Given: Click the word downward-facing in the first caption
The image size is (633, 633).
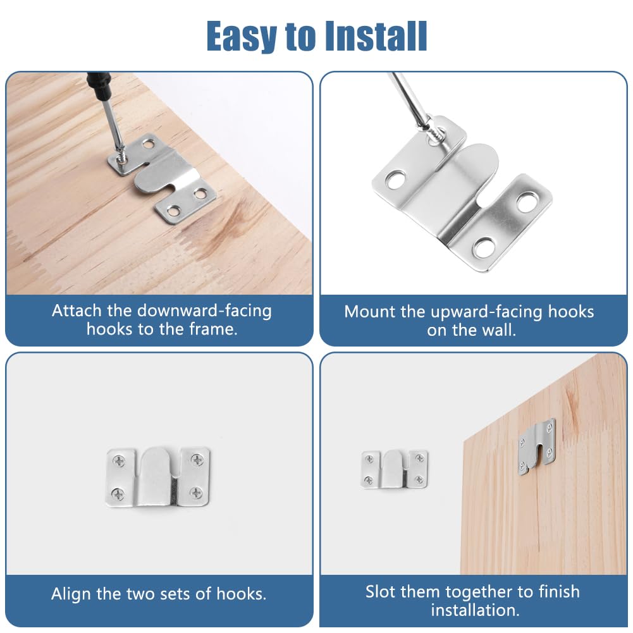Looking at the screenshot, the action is coord(204,310).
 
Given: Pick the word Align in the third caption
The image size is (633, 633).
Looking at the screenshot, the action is coord(71,594).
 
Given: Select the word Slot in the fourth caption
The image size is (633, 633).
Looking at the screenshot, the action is coord(381,592).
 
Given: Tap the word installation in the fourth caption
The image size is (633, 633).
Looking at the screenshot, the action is coord(475,610).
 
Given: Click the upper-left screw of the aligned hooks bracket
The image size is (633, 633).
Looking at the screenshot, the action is coord(119,460).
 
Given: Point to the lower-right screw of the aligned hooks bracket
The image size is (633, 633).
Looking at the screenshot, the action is coord(196,493).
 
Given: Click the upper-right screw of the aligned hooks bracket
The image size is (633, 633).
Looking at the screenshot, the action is coord(197,460).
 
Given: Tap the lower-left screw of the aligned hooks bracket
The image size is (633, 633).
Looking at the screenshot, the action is coord(118,494).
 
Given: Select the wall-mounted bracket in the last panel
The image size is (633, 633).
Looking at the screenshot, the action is coord(395,469).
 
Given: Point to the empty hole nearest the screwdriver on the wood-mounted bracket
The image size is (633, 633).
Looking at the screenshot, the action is coord(150,144).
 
